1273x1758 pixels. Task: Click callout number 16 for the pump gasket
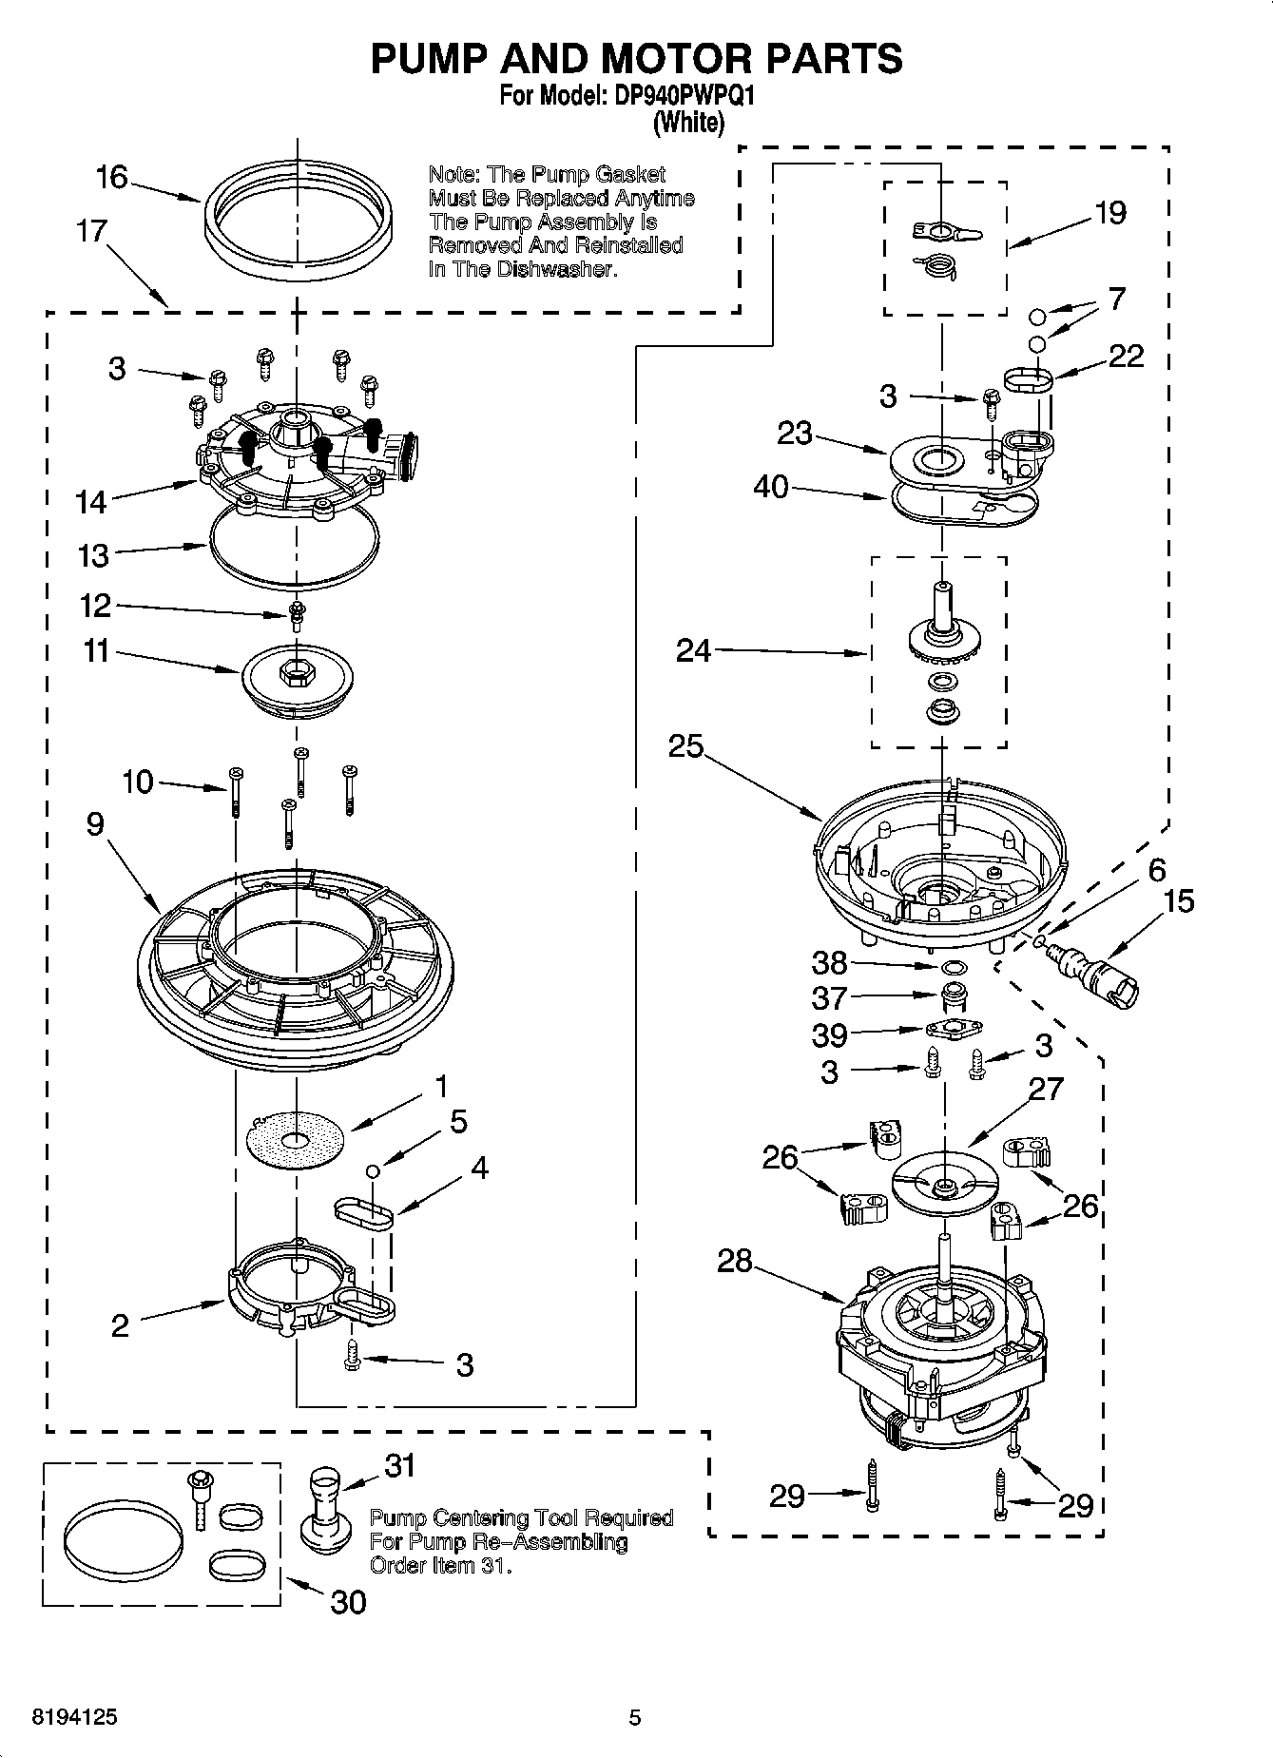pos(111,177)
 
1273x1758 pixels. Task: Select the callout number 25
pos(685,746)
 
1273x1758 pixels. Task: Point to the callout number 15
pos(1178,900)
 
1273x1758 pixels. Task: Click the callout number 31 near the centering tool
pos(399,1465)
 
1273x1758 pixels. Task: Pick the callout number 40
pos(770,487)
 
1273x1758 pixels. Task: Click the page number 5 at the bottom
pos(635,1717)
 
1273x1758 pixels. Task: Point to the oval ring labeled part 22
pos(1028,381)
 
